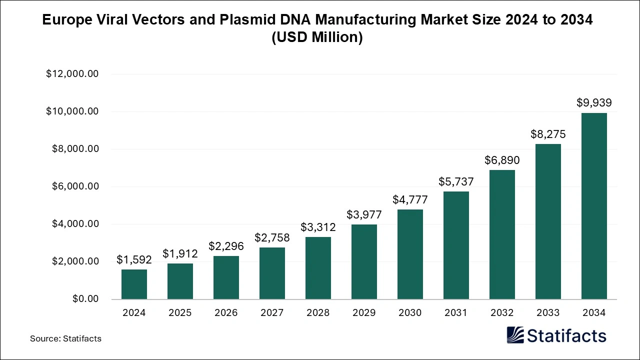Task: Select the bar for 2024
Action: click(x=134, y=284)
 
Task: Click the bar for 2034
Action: click(x=594, y=206)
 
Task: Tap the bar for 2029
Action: click(x=364, y=261)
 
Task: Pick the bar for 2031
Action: click(x=456, y=245)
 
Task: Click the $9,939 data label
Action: click(x=594, y=103)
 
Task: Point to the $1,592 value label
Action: click(x=134, y=259)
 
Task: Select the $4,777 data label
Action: click(x=410, y=200)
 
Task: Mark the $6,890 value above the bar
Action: click(x=502, y=160)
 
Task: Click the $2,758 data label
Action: click(x=272, y=237)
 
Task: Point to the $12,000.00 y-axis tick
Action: click(x=72, y=74)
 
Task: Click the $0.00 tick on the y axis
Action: click(x=85, y=299)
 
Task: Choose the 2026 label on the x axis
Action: click(x=226, y=313)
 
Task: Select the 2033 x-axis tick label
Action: click(x=548, y=313)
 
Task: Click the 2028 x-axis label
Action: click(x=318, y=313)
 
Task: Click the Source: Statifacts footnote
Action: click(x=65, y=338)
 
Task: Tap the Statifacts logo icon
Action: click(x=515, y=335)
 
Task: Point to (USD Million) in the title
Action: click(x=317, y=37)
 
